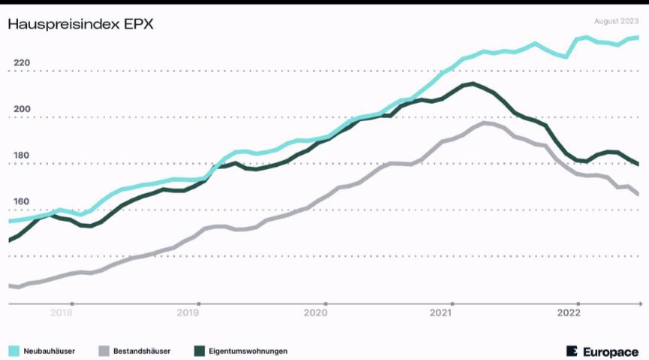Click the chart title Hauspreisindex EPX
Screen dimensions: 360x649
tap(80, 24)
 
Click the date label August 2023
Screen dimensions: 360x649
tap(616, 21)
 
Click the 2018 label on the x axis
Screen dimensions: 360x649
tap(62, 313)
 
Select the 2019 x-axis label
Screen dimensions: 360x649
tap(188, 313)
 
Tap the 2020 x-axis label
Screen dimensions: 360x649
tap(315, 313)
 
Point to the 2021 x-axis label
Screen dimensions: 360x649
tap(442, 313)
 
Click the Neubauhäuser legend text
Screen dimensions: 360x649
tap(49, 351)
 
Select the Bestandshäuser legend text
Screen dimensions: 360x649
tap(142, 351)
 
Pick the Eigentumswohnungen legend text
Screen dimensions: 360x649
tap(248, 351)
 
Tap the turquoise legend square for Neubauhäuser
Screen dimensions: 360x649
tap(14, 351)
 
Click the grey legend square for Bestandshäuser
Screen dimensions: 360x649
tap(104, 351)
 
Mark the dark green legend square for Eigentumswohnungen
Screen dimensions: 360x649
tap(199, 351)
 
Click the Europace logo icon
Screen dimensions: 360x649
tap(572, 351)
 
